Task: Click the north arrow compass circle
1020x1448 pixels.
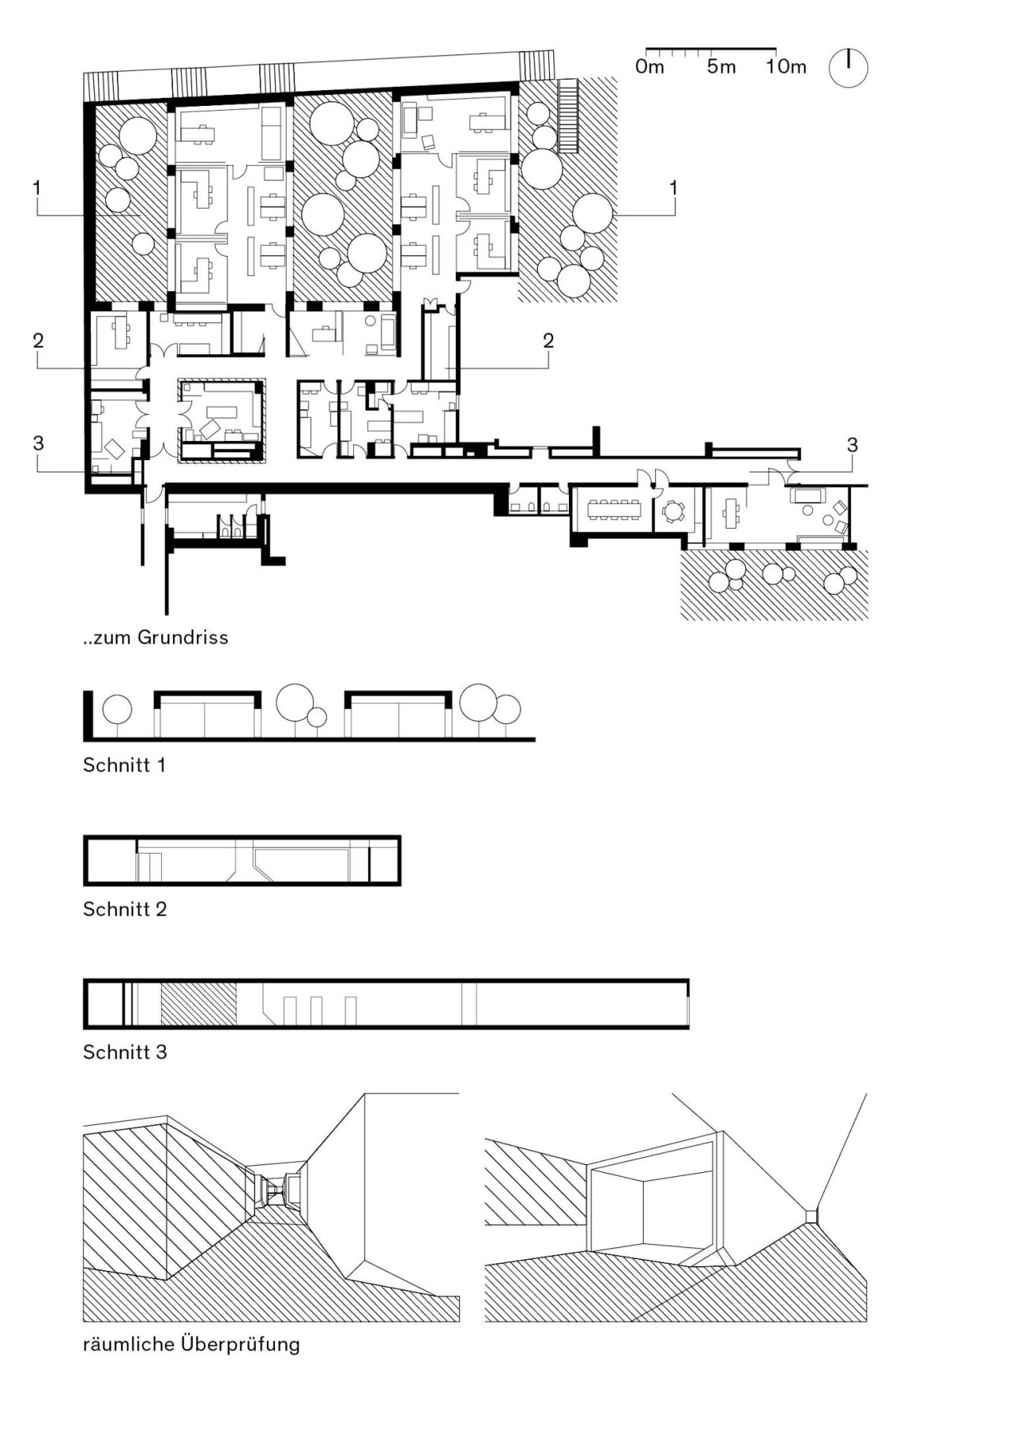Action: [x=848, y=68]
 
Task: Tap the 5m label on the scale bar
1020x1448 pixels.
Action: [x=721, y=67]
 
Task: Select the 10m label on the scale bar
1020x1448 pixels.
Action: [x=785, y=67]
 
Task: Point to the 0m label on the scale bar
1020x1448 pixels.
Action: [x=649, y=67]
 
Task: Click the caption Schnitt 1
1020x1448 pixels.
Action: [x=124, y=765]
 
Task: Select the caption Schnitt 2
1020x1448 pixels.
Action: [x=125, y=909]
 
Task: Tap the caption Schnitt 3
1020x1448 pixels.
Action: [x=125, y=1052]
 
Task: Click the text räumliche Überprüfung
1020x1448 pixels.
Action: [x=191, y=1344]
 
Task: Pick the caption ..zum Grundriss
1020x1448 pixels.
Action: [x=156, y=637]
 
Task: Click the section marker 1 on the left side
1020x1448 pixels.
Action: [x=37, y=187]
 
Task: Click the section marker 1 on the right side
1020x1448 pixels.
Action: [x=673, y=187]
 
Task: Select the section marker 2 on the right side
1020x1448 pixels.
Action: [x=548, y=341]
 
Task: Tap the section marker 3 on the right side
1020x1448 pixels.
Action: [x=852, y=446]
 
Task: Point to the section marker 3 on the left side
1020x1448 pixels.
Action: [x=38, y=443]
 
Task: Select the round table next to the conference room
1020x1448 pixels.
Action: [x=672, y=511]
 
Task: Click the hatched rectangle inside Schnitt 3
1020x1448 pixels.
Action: [x=198, y=1004]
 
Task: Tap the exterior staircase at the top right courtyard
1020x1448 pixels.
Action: [x=566, y=115]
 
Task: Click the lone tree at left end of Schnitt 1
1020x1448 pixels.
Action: [x=118, y=709]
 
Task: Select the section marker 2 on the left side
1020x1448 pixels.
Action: [x=38, y=341]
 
